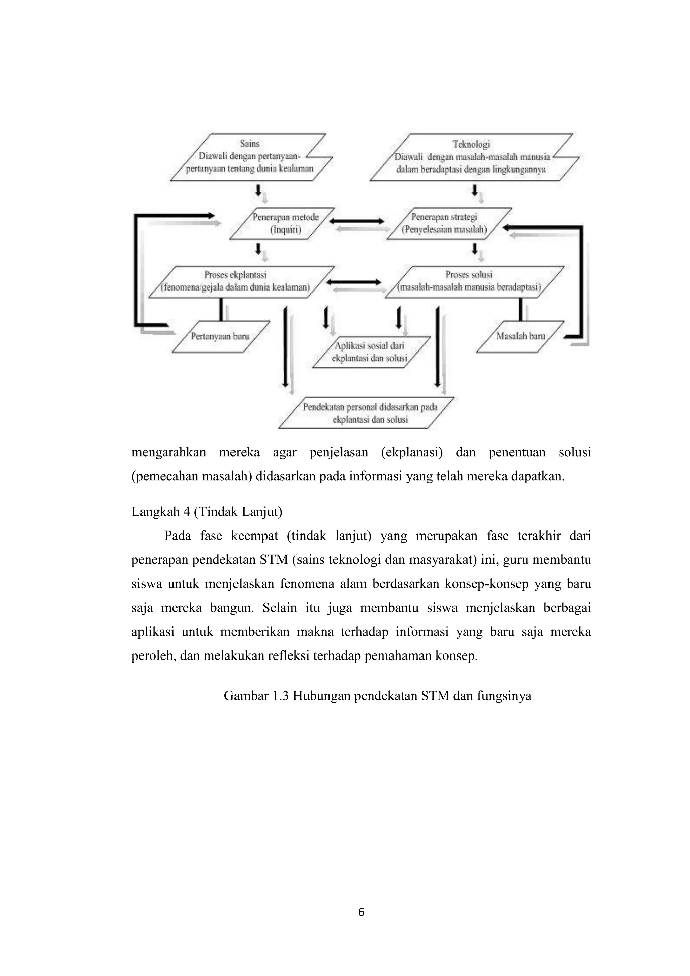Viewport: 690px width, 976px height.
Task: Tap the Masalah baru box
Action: [x=521, y=336]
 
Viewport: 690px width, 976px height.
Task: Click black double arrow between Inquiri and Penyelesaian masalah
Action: [x=356, y=221]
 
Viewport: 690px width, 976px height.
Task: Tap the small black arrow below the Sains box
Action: [x=258, y=190]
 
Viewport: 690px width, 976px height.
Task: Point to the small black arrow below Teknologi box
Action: [x=475, y=190]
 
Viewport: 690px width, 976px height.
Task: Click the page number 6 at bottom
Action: [x=361, y=912]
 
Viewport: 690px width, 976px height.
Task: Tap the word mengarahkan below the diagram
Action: [x=169, y=452]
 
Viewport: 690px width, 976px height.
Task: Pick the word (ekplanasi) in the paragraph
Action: [x=411, y=452]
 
